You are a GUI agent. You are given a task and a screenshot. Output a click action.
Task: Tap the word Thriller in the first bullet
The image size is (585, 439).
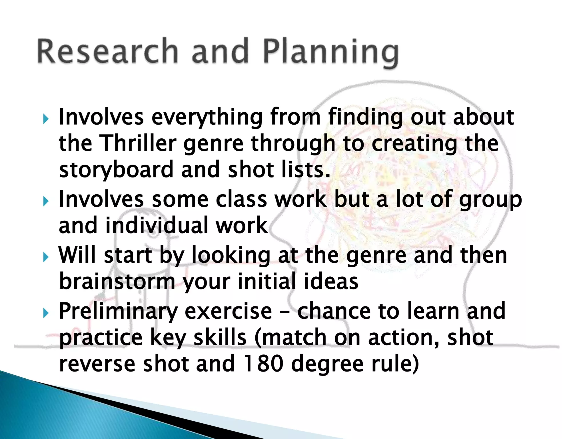[x=138, y=143]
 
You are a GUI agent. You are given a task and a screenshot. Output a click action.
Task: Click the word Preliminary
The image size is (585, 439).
[x=119, y=312]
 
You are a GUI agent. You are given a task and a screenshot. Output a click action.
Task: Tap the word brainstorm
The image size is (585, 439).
[x=117, y=282]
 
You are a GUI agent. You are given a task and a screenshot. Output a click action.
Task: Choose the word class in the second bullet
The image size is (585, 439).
[x=241, y=199]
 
